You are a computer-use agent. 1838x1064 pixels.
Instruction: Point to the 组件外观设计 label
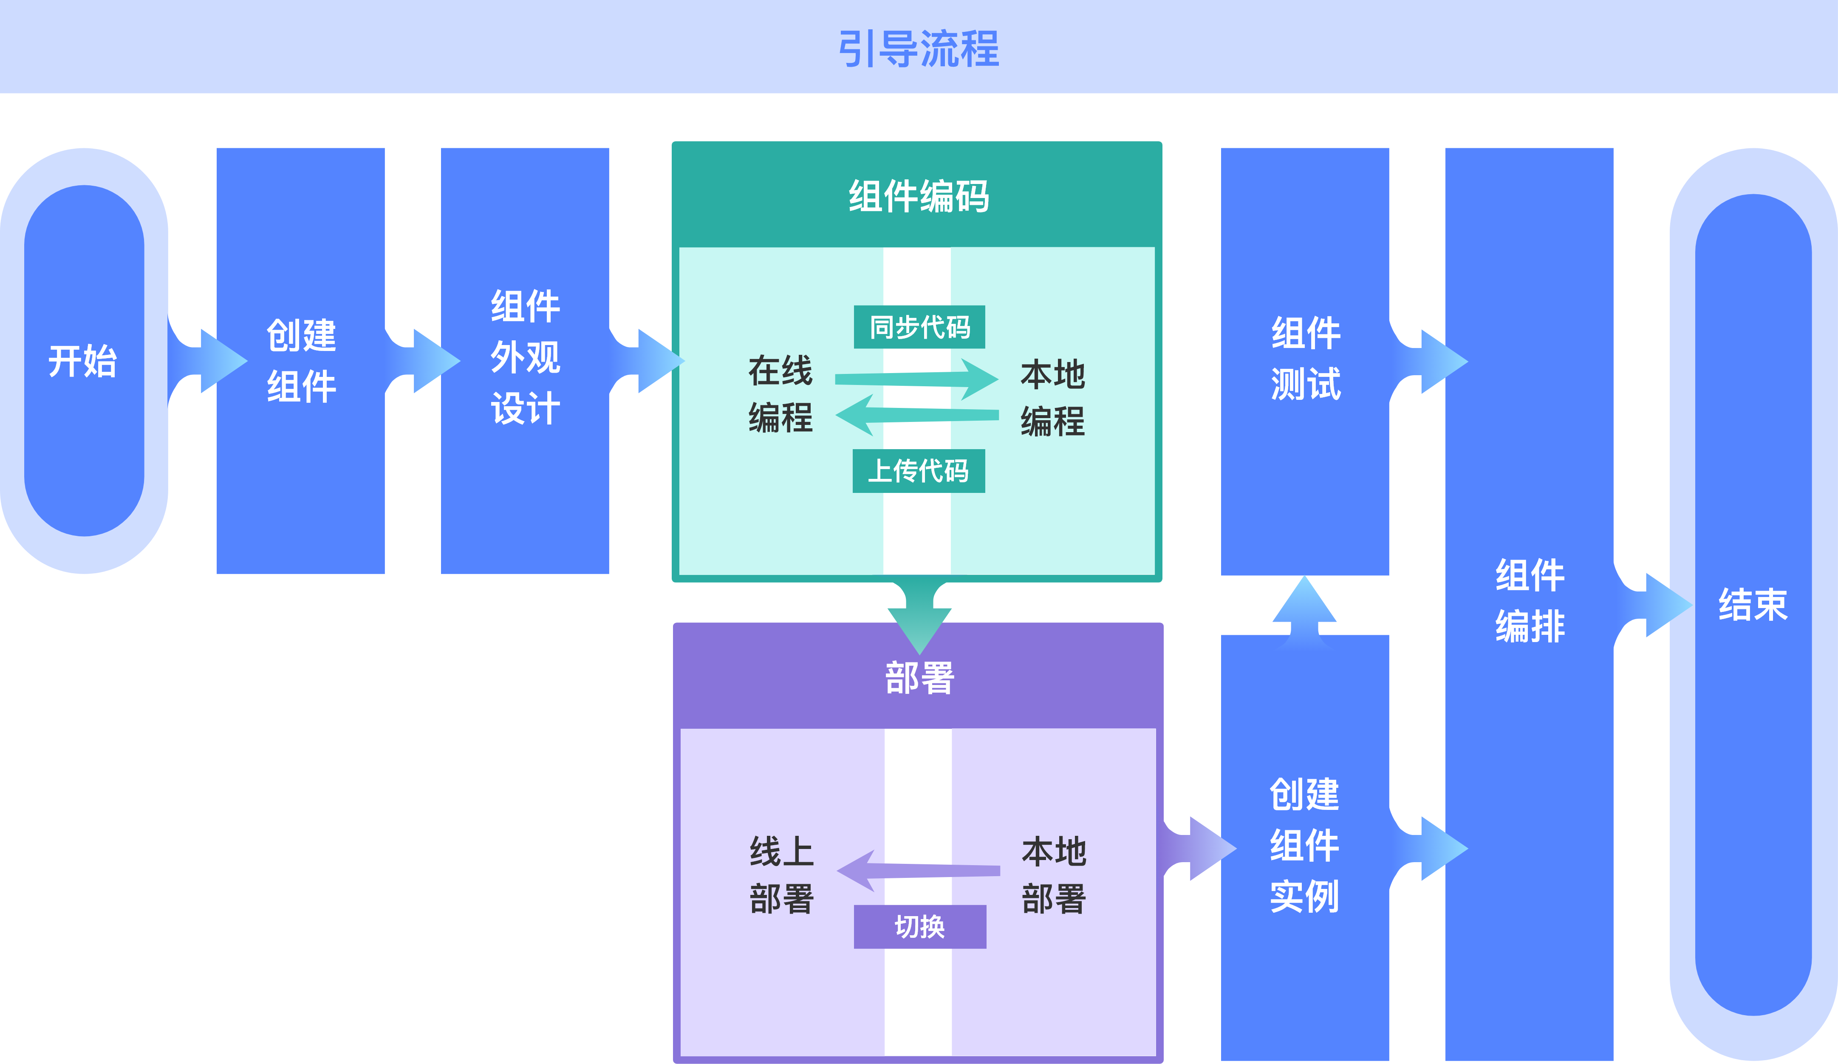(525, 357)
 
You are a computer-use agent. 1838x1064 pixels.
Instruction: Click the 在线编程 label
(780, 394)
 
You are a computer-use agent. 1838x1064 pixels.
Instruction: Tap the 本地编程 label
(1052, 397)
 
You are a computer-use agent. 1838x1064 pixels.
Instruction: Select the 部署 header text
(919, 677)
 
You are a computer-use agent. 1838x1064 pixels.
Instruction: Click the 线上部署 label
(781, 875)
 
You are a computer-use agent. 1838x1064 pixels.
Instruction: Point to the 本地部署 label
(1054, 875)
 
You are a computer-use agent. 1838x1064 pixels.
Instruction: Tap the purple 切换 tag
(920, 927)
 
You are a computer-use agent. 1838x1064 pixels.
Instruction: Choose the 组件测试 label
(1306, 359)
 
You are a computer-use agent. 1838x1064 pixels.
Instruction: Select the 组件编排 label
(1530, 601)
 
